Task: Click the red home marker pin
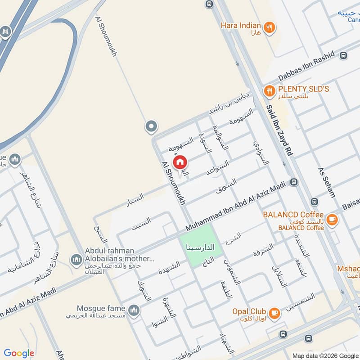pos(180,162)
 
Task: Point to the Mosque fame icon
pos(134,310)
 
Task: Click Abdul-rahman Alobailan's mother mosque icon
pos(76,260)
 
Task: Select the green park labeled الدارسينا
pos(201,247)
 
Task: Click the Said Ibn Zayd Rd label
pos(279,130)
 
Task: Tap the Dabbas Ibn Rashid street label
pos(306,67)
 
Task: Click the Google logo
pos(19,353)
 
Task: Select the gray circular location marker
pos(151,126)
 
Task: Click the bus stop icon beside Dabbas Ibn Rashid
pos(344,56)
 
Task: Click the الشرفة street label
pos(263,250)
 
